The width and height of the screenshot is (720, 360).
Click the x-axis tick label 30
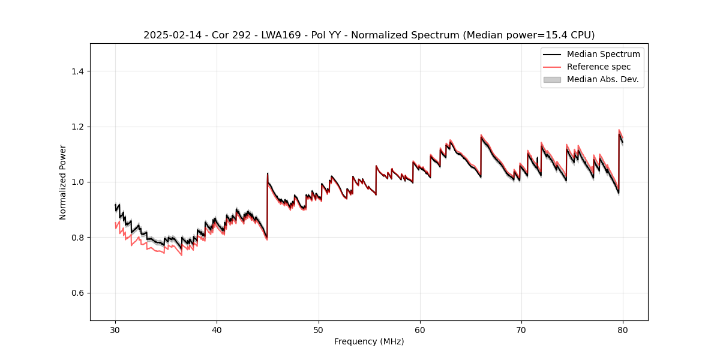pos(115,329)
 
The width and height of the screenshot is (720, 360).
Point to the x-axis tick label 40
pos(217,329)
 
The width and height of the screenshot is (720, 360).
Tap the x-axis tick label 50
pos(319,329)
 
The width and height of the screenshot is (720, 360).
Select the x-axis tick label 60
pos(420,329)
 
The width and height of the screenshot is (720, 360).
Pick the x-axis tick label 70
pos(521,329)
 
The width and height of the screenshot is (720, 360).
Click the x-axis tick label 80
pos(623,329)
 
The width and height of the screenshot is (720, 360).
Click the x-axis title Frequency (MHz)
pos(369,341)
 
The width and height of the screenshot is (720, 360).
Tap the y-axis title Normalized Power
pos(63,182)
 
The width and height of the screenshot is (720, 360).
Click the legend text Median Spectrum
pos(603,54)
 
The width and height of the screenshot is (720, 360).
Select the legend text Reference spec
pos(598,67)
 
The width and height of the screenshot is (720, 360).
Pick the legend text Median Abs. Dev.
pos(602,79)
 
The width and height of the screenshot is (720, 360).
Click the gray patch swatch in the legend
pos(552,79)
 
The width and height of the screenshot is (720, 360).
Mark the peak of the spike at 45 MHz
pos(268,173)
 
